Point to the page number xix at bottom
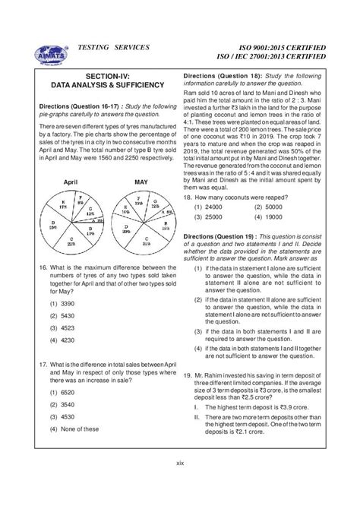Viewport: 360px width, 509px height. point(179,483)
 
